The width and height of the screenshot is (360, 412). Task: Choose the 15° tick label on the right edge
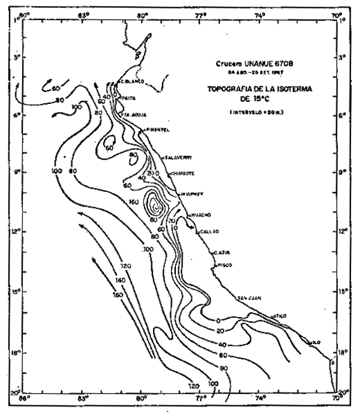[342, 292]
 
